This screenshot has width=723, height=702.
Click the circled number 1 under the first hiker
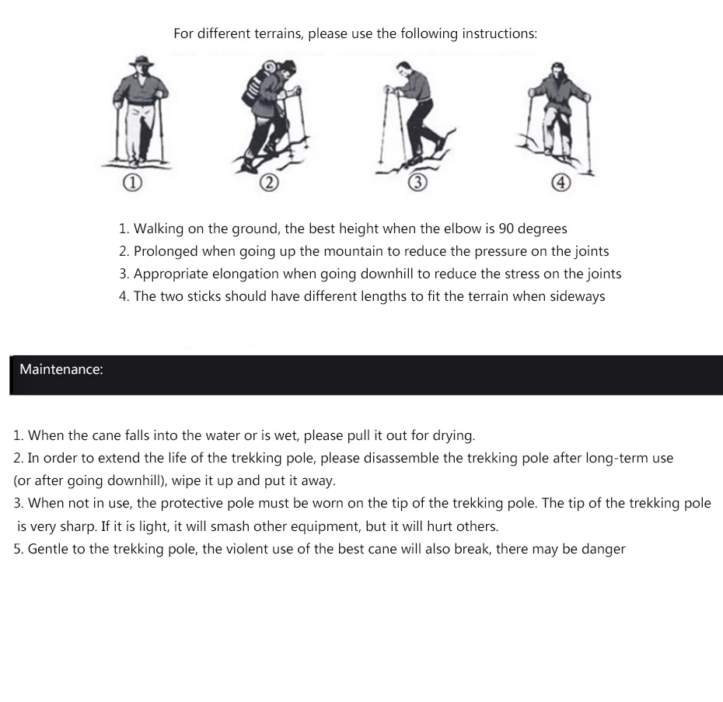click(132, 183)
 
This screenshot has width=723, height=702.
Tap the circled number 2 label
click(269, 183)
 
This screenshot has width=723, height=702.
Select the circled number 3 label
click(417, 183)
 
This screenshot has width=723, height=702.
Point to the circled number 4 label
click(561, 183)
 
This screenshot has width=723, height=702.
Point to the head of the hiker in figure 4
click(558, 71)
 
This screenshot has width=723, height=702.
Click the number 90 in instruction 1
click(506, 229)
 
